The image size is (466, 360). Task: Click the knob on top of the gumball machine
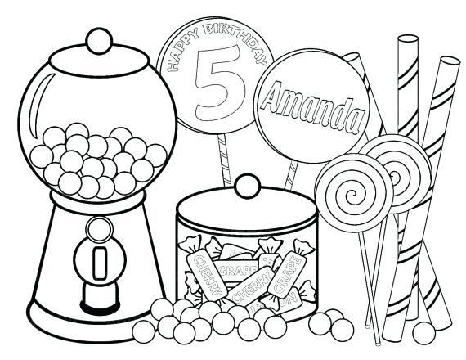(x=99, y=38)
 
